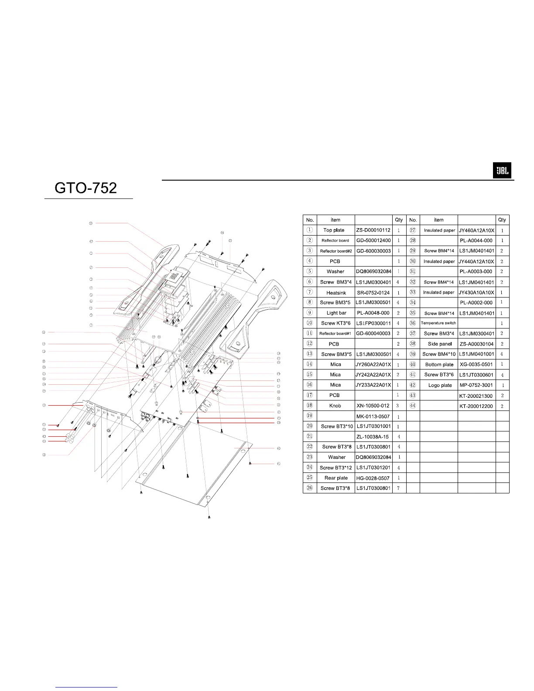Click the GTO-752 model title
[x=86, y=188]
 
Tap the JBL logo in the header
[x=502, y=171]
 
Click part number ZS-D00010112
[x=373, y=230]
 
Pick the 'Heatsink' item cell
[x=335, y=292]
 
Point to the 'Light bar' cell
[x=336, y=313]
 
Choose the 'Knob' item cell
[x=335, y=406]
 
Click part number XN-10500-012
[x=373, y=406]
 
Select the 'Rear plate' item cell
[x=336, y=478]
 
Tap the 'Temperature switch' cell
[x=438, y=323]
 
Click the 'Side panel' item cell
[x=439, y=344]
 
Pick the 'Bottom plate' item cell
[x=439, y=364]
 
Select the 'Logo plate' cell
[x=440, y=385]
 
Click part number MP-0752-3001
[x=476, y=385]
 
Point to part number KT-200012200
[x=476, y=406]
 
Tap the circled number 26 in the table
[x=309, y=488]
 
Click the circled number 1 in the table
[x=309, y=230]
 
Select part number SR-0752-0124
[x=373, y=292]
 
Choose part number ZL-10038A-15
[x=373, y=437]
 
